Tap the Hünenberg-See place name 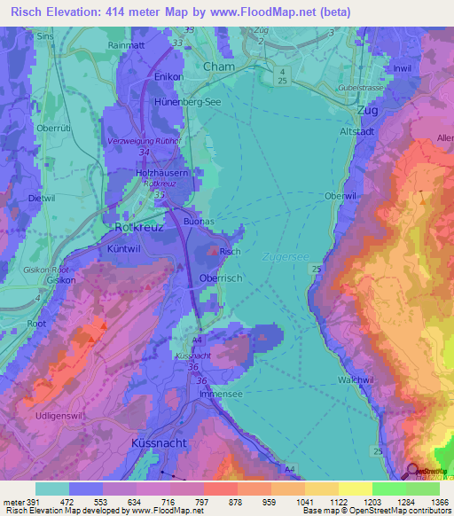click(167, 102)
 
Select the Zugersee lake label click(285, 256)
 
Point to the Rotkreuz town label click(135, 227)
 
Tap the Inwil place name click(402, 68)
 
